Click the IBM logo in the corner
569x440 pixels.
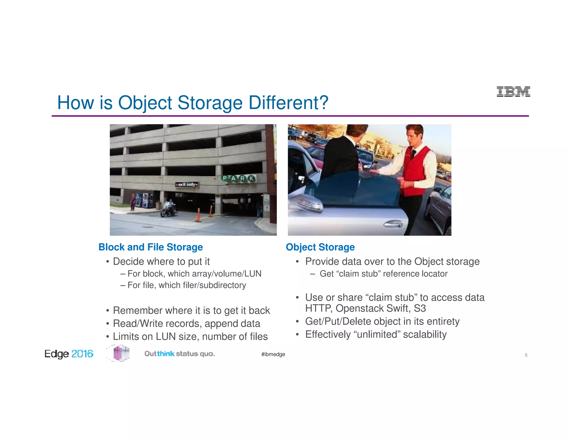click(x=513, y=92)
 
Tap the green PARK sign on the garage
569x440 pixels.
click(x=238, y=178)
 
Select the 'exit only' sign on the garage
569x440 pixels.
click(x=187, y=184)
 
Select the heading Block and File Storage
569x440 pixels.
click(x=151, y=247)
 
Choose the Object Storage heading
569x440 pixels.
click(x=320, y=247)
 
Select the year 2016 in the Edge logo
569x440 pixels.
click(x=82, y=354)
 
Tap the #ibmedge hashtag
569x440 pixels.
click(x=273, y=354)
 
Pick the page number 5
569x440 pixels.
click(x=526, y=355)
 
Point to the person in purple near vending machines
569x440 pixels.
click(x=133, y=202)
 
